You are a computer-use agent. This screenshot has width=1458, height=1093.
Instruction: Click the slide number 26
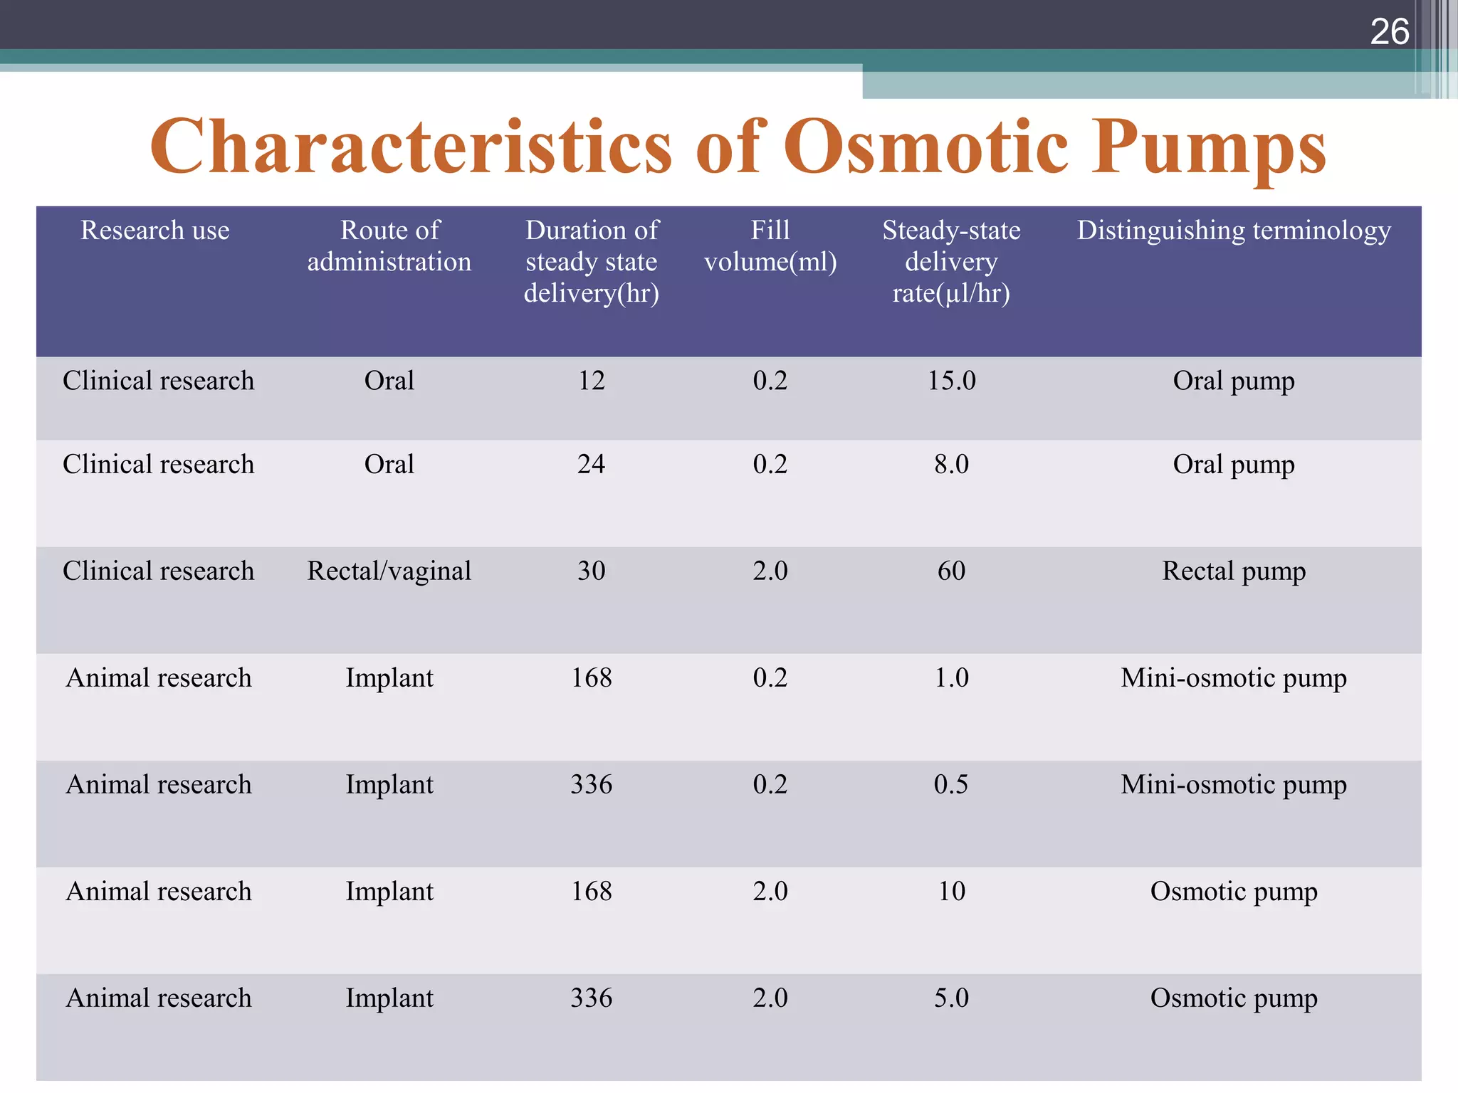(x=1389, y=32)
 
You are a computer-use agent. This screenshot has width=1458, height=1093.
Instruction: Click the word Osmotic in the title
(x=925, y=147)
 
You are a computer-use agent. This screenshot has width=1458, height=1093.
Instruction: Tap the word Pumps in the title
(x=1208, y=147)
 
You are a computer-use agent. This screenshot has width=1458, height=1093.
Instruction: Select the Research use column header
(x=155, y=231)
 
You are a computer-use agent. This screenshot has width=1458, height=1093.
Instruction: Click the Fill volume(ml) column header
(x=770, y=246)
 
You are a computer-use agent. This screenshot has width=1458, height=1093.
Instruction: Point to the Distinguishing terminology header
(x=1234, y=231)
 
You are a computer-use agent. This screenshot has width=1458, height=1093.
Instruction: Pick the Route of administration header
(x=389, y=246)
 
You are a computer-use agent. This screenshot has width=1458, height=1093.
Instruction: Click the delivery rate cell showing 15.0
(x=951, y=381)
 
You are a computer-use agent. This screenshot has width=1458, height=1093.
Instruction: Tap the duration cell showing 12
(x=591, y=381)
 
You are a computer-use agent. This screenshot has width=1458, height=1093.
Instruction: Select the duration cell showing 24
(x=591, y=465)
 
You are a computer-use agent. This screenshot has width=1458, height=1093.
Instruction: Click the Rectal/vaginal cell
(x=389, y=571)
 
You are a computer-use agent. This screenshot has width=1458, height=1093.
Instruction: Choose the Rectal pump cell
(x=1234, y=571)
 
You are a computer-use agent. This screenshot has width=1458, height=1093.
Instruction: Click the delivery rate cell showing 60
(x=951, y=571)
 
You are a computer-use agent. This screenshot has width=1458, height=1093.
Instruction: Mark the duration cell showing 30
(x=591, y=571)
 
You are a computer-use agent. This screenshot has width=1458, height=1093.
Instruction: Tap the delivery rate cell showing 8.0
(x=951, y=465)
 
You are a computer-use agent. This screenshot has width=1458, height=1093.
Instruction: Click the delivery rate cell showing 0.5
(x=951, y=785)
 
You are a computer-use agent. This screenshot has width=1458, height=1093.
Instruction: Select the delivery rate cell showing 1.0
(x=951, y=678)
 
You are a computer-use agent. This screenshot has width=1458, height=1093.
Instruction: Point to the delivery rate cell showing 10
(x=951, y=892)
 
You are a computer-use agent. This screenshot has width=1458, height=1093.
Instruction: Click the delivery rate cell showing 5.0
(x=951, y=998)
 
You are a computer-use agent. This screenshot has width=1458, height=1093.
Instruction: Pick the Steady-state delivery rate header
(x=951, y=262)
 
